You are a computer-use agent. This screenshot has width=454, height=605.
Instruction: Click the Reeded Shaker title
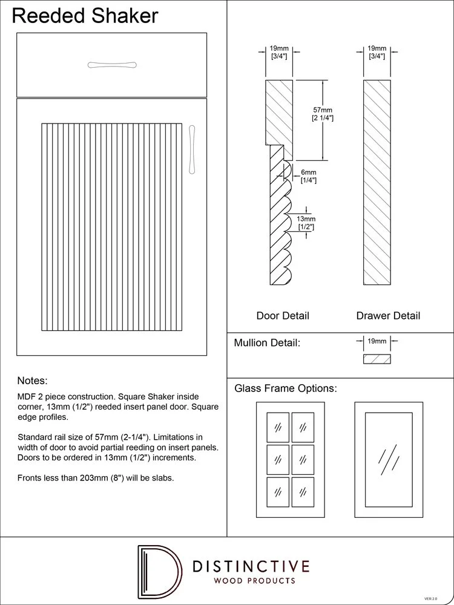pyautogui.click(x=85, y=16)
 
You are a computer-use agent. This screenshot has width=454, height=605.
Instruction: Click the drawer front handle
pyautogui.click(x=112, y=65)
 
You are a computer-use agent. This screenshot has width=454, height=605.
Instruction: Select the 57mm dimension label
pyautogui.click(x=323, y=114)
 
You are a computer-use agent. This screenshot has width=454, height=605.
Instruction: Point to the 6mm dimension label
pyautogui.click(x=308, y=176)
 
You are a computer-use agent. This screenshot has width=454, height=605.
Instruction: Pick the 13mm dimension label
pyautogui.click(x=306, y=223)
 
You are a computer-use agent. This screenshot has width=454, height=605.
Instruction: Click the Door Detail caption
pyautogui.click(x=283, y=316)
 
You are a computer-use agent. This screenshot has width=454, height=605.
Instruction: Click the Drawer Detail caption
pyautogui.click(x=388, y=316)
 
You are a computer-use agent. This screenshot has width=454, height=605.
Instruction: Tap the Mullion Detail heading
pyautogui.click(x=267, y=343)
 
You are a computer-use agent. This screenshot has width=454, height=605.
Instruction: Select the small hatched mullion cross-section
pyautogui.click(x=377, y=359)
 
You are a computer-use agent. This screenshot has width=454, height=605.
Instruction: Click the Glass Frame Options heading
pyautogui.click(x=286, y=388)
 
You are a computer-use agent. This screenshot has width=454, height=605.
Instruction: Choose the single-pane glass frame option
pyautogui.click(x=388, y=460)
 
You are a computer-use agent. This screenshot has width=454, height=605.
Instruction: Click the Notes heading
pyautogui.click(x=32, y=381)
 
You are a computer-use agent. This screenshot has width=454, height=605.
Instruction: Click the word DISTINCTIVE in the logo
pyautogui.click(x=250, y=567)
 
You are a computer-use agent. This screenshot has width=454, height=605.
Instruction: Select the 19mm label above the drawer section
pyautogui.click(x=377, y=51)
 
